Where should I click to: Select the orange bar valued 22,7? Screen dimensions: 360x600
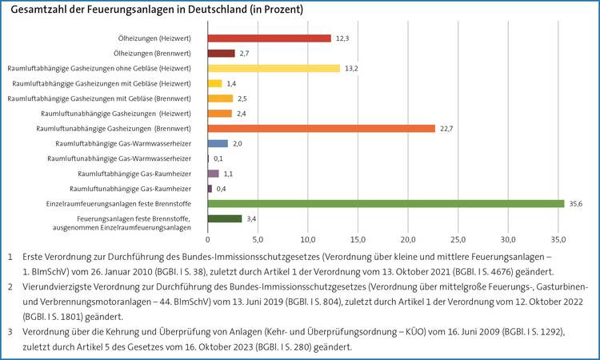pos(321,128)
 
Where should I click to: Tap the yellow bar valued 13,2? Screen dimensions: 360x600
pos(274,68)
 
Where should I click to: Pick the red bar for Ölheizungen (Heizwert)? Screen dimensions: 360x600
pos(269,38)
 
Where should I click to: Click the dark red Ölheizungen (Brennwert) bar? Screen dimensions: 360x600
pos(221,53)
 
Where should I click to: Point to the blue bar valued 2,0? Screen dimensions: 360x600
pos(218,143)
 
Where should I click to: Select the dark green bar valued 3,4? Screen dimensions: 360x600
pos(225,219)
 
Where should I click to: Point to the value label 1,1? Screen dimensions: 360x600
pos(228,174)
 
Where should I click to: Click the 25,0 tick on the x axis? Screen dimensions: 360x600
pos(458,238)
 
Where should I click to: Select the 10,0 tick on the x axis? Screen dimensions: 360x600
pos(308,238)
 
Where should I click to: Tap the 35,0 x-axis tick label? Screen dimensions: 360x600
pos(558,238)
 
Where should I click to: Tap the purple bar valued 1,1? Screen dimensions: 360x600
pos(213,174)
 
